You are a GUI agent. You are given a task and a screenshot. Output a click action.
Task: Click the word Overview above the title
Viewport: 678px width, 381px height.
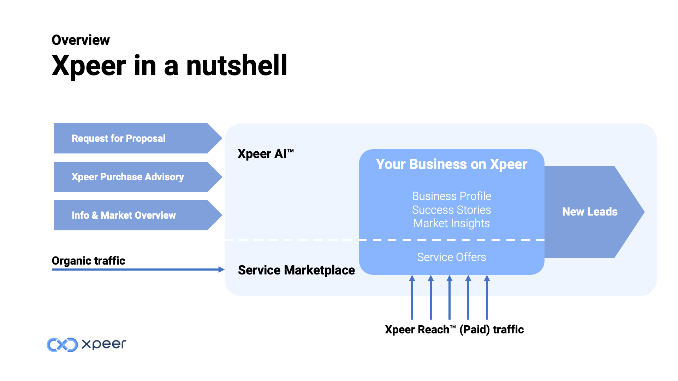[81, 40]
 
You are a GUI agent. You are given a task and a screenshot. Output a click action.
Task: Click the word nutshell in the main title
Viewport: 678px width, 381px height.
[237, 66]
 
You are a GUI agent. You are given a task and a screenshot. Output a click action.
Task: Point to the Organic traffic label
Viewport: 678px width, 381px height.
[88, 261]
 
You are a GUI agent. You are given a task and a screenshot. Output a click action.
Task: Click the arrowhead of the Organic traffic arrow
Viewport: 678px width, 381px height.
[221, 270]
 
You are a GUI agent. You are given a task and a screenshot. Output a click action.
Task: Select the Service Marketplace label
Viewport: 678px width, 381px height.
[296, 270]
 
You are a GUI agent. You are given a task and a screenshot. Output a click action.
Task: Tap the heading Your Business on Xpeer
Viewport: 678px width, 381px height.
[451, 164]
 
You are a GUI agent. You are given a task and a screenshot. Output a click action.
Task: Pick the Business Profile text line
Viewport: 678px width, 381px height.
[452, 196]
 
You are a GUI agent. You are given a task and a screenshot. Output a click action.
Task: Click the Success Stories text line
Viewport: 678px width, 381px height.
[451, 210]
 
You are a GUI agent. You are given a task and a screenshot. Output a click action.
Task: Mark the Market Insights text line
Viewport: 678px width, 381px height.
[451, 223]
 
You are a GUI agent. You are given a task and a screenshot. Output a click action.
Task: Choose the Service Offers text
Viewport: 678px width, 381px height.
[451, 257]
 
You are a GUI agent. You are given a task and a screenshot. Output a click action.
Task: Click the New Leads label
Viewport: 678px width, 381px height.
[590, 212]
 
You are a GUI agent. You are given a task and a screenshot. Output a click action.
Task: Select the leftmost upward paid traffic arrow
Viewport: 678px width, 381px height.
[412, 298]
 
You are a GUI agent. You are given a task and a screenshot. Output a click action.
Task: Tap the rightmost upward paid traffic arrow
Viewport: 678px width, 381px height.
[487, 298]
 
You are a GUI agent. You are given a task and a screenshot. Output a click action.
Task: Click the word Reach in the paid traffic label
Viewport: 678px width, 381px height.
[433, 329]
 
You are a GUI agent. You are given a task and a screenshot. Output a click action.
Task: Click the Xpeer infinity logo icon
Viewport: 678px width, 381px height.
[62, 345]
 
